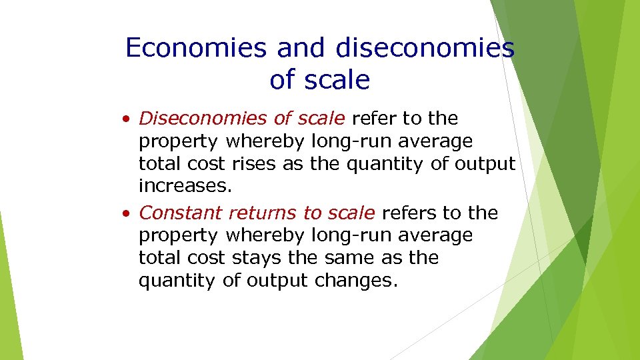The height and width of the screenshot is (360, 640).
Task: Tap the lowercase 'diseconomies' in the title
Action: pyautogui.click(x=425, y=48)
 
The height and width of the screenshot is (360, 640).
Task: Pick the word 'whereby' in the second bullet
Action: pyautogui.click(x=266, y=235)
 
